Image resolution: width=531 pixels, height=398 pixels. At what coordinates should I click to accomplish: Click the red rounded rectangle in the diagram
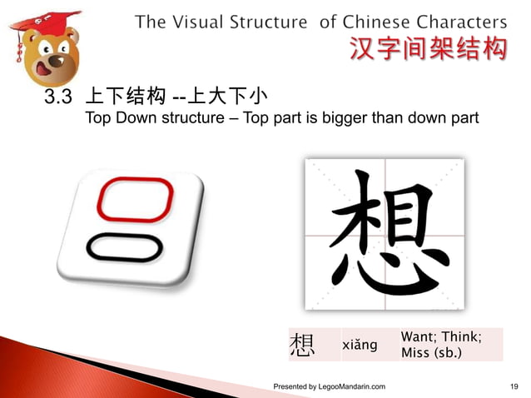(136, 201)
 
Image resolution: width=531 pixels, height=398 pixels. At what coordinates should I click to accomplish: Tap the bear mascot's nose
(57, 58)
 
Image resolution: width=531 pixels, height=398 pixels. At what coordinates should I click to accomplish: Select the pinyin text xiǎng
(360, 345)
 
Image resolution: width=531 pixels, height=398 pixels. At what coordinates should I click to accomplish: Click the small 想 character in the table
(302, 345)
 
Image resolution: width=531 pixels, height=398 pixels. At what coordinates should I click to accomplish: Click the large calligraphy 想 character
(385, 236)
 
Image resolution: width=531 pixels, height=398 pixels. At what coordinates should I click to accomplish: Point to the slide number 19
(514, 387)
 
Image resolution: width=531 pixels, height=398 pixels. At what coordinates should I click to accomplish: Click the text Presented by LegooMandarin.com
(330, 387)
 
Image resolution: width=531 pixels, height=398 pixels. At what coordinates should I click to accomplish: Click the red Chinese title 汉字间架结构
(426, 51)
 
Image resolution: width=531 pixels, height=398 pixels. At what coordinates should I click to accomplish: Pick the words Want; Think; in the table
(440, 336)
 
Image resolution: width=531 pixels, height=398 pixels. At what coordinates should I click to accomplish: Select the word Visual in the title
(206, 22)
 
